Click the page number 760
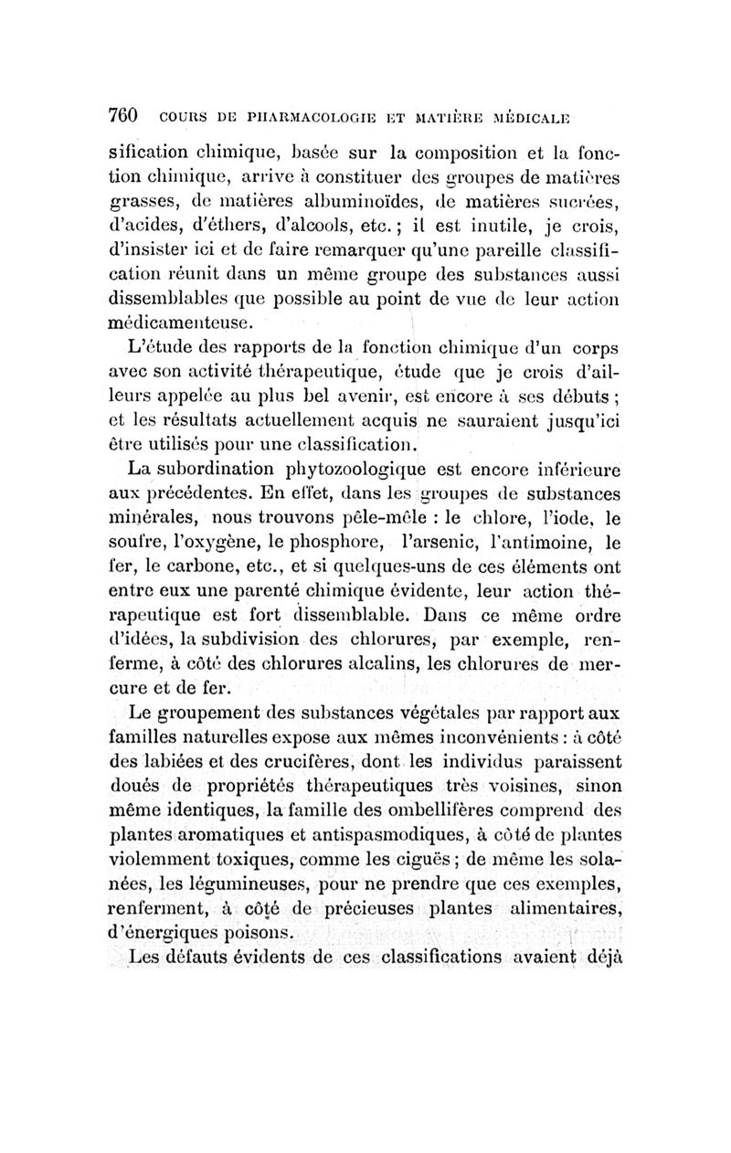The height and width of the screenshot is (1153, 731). [122, 116]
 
